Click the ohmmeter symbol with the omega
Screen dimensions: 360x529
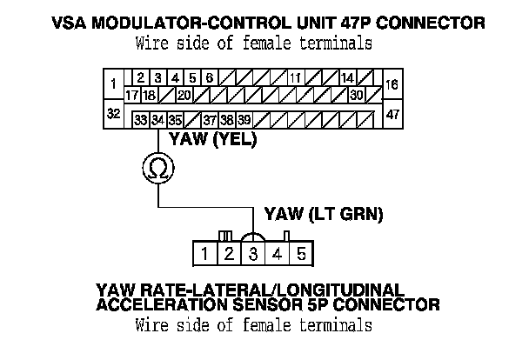(x=157, y=169)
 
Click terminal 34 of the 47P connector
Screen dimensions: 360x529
(x=157, y=119)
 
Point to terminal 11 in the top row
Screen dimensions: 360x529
(x=296, y=77)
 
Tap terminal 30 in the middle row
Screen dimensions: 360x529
(x=356, y=95)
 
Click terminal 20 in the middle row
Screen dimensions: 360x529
(x=184, y=95)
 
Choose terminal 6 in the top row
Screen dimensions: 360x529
(x=210, y=77)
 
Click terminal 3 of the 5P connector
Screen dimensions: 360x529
(x=252, y=254)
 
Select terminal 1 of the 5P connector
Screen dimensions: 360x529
(x=204, y=254)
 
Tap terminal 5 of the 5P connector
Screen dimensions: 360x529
(x=300, y=254)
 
